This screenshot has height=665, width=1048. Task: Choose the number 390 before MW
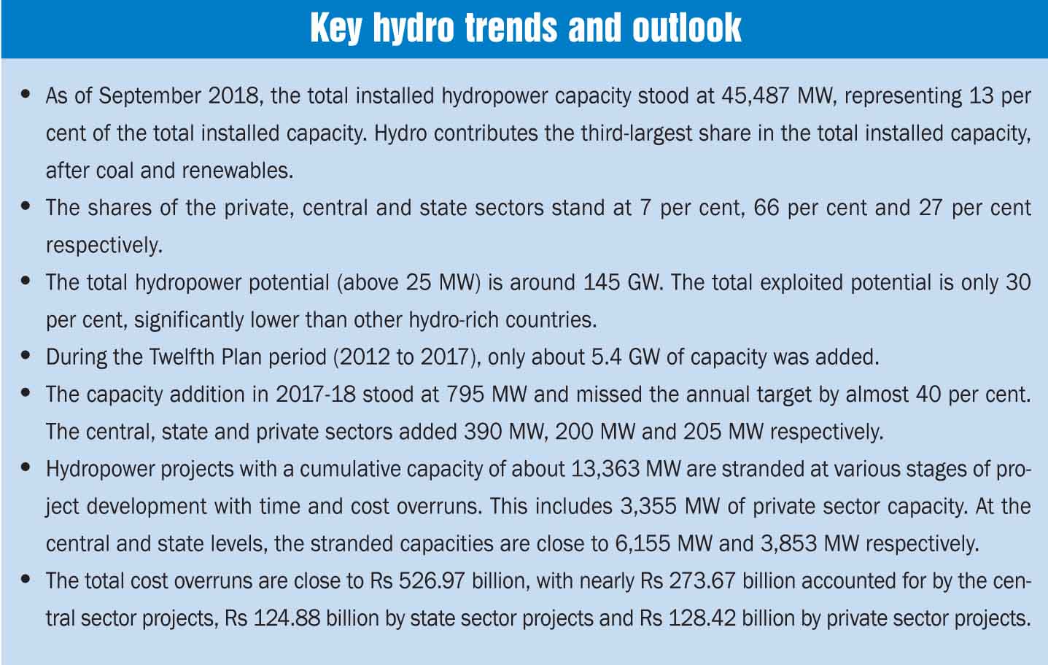pos(484,432)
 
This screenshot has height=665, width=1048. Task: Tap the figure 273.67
pos(698,581)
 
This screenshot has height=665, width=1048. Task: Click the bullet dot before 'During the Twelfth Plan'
pos(27,357)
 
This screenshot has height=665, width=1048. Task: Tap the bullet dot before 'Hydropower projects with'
pos(27,468)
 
